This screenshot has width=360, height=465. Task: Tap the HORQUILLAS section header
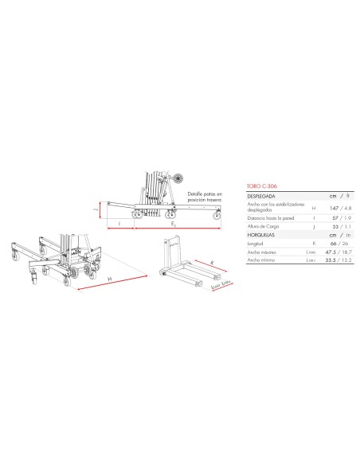click(x=264, y=236)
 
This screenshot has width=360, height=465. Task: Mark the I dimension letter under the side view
click(x=119, y=225)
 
